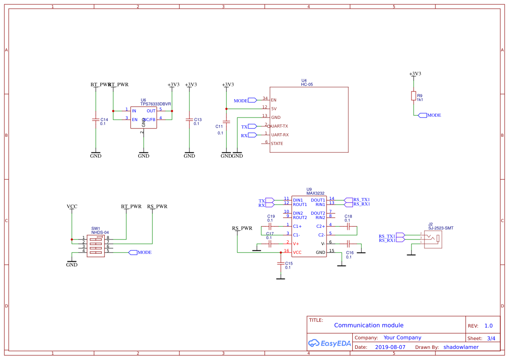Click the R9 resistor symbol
pos(413,96)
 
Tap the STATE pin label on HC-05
pos(277,144)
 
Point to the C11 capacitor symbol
pos(226,122)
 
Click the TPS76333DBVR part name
pos(156,104)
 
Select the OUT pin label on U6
pos(151,111)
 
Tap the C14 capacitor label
pos(104,119)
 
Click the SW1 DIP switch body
pos(96,246)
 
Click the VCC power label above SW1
pos(72,206)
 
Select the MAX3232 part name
pos(315,193)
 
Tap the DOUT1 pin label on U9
pos(318,200)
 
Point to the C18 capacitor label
pos(348,216)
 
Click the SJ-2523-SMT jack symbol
pos(433,240)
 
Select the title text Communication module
pos(368,325)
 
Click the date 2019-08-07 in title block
pos(390,347)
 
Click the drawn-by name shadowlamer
pos(461,347)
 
